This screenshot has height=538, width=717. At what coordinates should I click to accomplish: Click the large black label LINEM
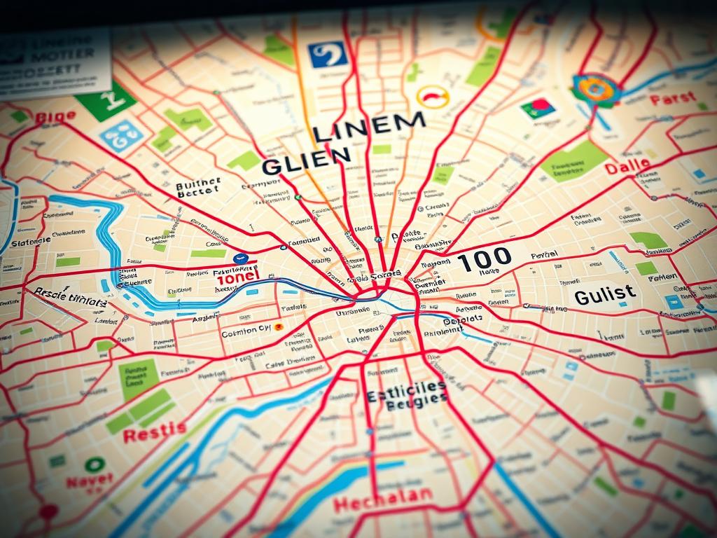pos(368,128)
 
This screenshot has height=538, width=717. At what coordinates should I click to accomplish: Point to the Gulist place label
pos(605,295)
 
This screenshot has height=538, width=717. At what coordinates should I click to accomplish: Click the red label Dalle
pos(627,167)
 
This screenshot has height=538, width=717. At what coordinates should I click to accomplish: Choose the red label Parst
pos(672,99)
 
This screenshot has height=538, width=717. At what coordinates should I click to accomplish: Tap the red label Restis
pos(155,432)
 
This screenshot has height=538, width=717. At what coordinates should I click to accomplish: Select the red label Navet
pos(90,481)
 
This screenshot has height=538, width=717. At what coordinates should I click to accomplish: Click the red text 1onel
pos(238,277)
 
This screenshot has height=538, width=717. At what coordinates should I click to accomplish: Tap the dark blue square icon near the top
pos(328,54)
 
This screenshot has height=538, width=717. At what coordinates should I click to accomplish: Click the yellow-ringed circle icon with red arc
pos(432,97)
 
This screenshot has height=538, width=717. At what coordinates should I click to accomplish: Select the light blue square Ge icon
pos(121,134)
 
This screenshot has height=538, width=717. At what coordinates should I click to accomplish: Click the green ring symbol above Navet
pos(95,464)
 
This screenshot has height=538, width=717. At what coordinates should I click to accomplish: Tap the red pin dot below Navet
pos(48,511)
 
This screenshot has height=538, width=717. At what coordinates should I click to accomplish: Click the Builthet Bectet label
pos(198,188)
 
